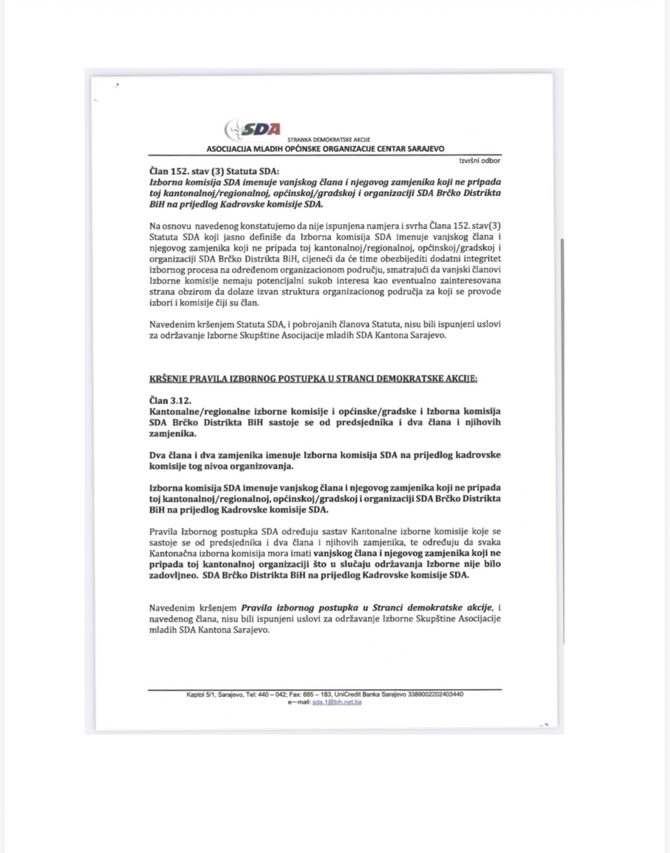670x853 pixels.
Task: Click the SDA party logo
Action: pyautogui.click(x=253, y=129)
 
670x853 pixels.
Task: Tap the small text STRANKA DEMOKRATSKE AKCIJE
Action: pyautogui.click(x=329, y=140)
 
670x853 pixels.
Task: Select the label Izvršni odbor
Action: pyautogui.click(x=480, y=161)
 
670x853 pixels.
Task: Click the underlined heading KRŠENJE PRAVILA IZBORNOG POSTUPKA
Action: pyautogui.click(x=313, y=378)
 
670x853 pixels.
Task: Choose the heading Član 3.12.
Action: pyautogui.click(x=170, y=400)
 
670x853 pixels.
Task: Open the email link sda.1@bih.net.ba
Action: pyautogui.click(x=337, y=702)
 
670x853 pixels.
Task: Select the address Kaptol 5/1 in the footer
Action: pyautogui.click(x=200, y=695)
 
